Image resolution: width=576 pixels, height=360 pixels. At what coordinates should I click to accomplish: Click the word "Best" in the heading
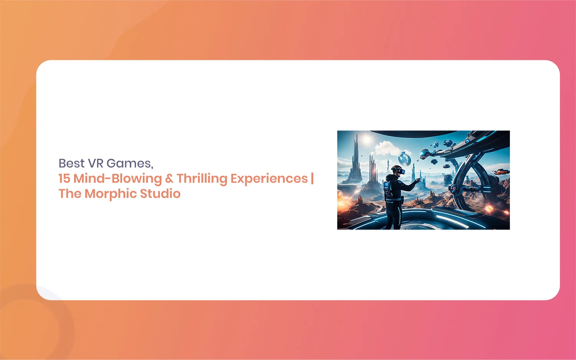click(x=71, y=163)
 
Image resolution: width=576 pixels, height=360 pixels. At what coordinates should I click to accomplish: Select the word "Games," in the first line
click(x=130, y=163)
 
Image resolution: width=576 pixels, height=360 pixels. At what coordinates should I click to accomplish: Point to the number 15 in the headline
click(x=64, y=178)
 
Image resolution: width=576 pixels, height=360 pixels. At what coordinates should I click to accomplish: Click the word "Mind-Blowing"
click(x=118, y=179)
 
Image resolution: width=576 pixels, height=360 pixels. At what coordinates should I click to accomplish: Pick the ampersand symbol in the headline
click(x=169, y=178)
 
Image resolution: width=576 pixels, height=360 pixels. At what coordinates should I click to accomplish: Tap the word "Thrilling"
click(x=202, y=179)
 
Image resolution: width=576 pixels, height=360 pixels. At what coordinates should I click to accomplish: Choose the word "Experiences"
click(x=269, y=179)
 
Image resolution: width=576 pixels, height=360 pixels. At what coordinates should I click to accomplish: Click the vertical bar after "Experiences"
click(x=312, y=178)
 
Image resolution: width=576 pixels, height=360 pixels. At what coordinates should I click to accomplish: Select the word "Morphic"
click(x=111, y=194)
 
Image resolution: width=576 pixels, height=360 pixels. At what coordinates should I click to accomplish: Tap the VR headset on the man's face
click(x=400, y=171)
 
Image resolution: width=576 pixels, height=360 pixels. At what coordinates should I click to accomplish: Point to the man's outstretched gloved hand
click(x=417, y=181)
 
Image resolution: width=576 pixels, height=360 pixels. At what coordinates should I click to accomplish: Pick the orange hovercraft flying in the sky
click(x=501, y=172)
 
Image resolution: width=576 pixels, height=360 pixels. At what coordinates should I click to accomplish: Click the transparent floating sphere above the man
click(x=404, y=159)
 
